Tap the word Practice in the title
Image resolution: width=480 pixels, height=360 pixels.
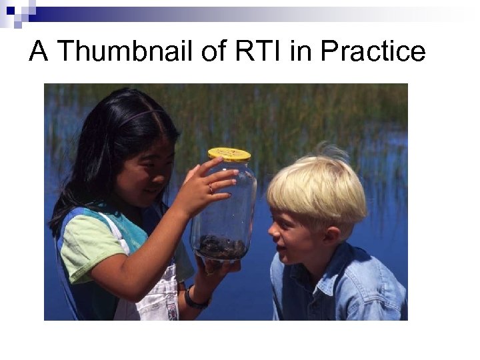[x=373, y=51]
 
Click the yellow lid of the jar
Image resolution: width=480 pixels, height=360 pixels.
[x=229, y=155]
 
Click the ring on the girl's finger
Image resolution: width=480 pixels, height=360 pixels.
[x=211, y=189]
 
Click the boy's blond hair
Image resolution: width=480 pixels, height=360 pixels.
[x=319, y=190]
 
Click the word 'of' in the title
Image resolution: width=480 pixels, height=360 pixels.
[x=215, y=51]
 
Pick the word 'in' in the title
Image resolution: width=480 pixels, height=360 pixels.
[x=301, y=51]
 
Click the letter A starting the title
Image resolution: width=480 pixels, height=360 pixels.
[x=39, y=51]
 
